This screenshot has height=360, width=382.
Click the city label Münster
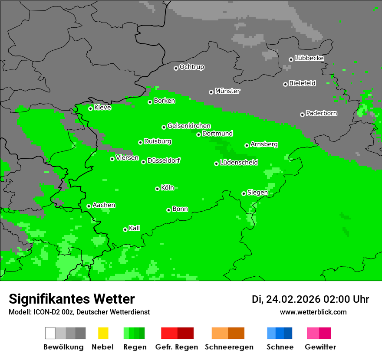coord(227,91)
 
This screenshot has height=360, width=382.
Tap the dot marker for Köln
coord(157,189)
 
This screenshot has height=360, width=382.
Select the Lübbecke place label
coord(309,58)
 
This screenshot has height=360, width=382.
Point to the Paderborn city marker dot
coord(302,115)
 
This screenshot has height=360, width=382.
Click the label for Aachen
coord(104,205)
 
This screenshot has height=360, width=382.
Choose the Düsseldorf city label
coord(164,160)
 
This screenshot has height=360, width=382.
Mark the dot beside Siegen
coord(244,193)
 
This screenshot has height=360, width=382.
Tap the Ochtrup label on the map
coord(192,67)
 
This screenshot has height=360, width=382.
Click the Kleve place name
coord(102,108)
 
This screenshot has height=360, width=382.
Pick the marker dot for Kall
coord(125,229)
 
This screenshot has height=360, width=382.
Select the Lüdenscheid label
coord(239,163)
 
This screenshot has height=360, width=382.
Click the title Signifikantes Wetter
coord(72,299)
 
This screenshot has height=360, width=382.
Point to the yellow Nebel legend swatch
coord(103,333)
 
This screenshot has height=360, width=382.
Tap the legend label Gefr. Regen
coord(177,347)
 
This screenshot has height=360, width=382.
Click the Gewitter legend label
coord(320,347)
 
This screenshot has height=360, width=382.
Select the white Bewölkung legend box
coord(50,333)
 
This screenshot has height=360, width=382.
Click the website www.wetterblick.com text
coord(313,312)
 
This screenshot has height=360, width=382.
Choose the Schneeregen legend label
coord(229,347)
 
